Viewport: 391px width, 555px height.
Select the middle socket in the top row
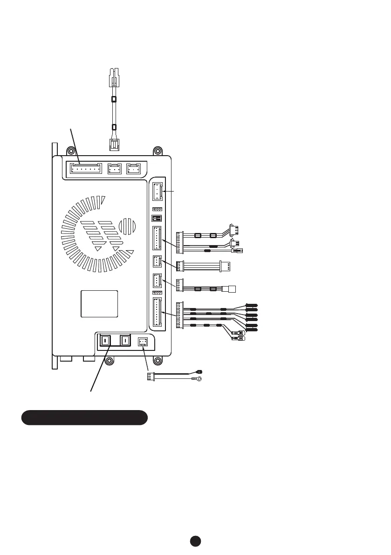click(x=114, y=168)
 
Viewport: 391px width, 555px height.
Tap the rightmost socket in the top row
click(x=133, y=168)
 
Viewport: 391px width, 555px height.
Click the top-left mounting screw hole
click(x=70, y=151)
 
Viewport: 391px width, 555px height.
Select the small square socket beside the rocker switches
click(x=142, y=342)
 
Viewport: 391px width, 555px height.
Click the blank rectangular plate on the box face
click(x=99, y=303)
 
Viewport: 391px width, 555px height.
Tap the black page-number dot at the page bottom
click(x=195, y=541)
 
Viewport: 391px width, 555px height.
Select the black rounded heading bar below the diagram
click(x=84, y=418)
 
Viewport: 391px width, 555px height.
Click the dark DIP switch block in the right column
click(x=157, y=218)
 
